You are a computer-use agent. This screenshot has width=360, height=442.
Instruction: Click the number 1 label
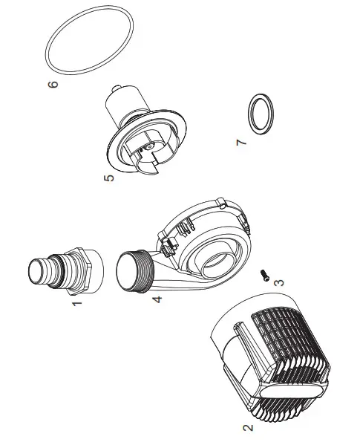coord(75,306)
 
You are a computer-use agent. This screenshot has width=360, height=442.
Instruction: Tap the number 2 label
coord(248,427)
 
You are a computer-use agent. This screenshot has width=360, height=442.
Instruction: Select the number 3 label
coord(278,283)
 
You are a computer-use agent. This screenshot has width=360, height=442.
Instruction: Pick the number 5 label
coord(109,181)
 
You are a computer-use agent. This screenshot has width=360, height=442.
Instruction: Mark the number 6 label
coord(53,86)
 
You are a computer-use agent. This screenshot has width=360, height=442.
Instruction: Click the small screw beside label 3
coord(264,276)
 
